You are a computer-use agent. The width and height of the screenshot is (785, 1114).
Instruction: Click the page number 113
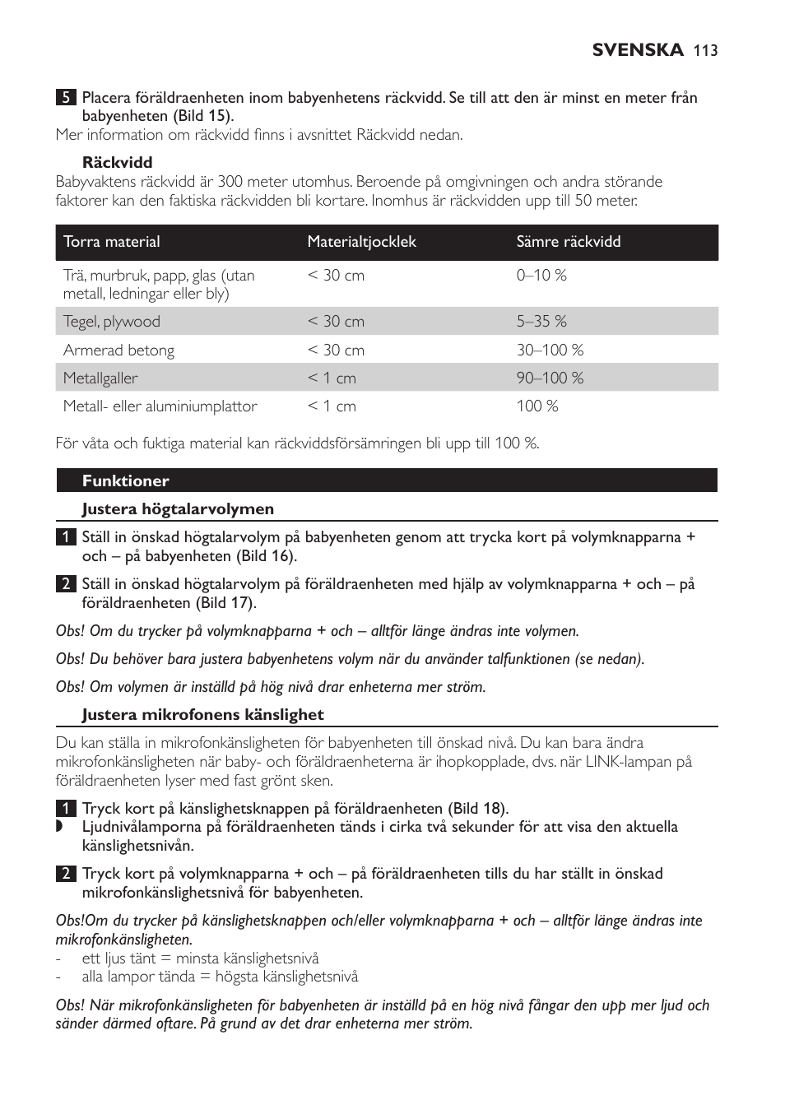coord(705,51)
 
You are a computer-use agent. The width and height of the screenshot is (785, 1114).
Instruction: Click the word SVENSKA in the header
coord(638,51)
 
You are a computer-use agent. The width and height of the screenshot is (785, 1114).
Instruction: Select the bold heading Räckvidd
coord(117,162)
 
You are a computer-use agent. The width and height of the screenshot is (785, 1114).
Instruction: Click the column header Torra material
coord(112,242)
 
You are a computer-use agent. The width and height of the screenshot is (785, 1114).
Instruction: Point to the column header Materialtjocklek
coord(362,242)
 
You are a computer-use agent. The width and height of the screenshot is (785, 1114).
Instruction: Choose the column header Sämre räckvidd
coord(569,242)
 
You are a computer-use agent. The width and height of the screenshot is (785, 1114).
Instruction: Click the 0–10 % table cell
coord(541,276)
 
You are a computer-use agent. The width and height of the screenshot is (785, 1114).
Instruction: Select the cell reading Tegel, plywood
coord(112,322)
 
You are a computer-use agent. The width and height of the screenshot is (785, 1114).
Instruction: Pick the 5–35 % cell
coord(541,322)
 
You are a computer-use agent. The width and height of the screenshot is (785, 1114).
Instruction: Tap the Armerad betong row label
coord(118,350)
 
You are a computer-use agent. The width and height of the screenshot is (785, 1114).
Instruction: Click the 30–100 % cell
coord(550,350)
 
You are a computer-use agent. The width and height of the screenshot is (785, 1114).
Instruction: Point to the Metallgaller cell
coord(100,378)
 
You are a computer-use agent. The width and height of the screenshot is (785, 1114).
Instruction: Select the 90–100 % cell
coord(550,378)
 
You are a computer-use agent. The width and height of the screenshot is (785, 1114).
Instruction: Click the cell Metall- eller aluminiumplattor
coord(160,406)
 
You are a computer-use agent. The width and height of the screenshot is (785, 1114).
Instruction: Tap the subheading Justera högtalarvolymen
coord(178,509)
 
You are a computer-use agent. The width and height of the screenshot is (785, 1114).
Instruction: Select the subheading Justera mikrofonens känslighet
coord(202,715)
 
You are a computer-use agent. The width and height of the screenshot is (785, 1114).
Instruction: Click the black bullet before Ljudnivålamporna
coord(59,827)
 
